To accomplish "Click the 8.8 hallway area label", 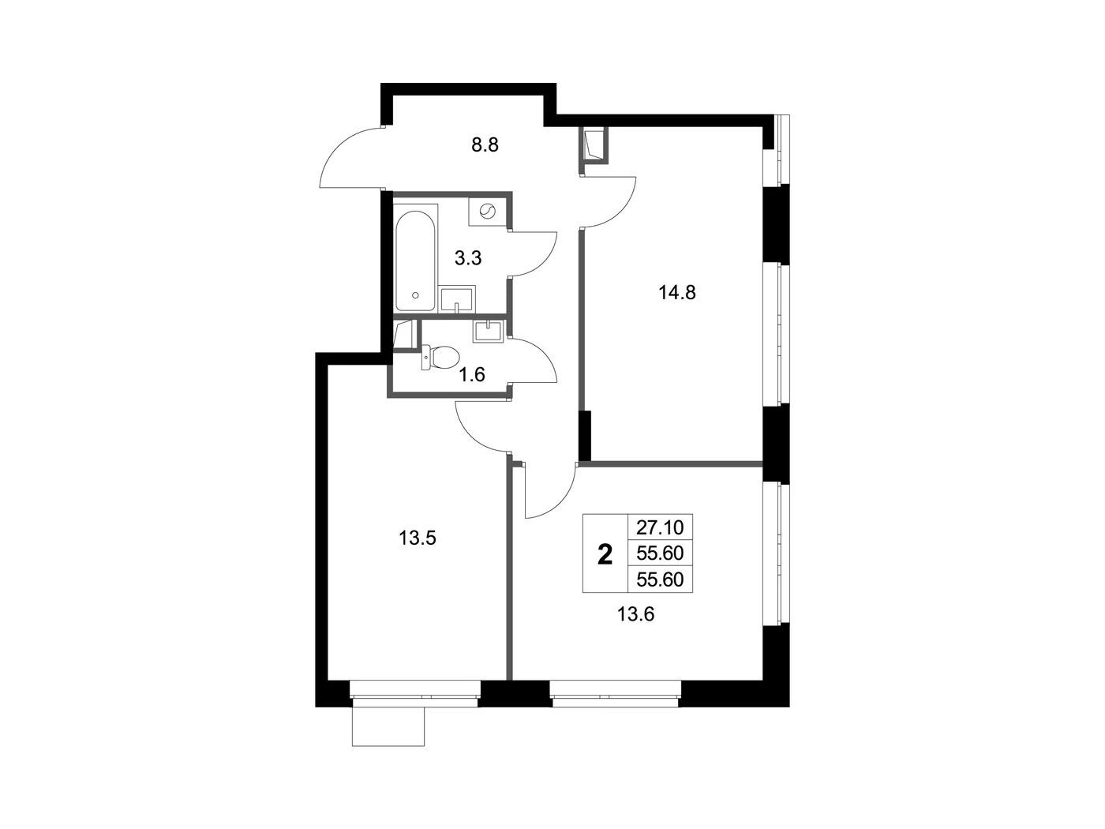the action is pos(485,145).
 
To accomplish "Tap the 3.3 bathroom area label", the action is pos(468,258).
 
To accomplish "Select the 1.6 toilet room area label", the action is pos(472,374).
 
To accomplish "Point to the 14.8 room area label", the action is pos(676,292).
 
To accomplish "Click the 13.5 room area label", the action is pos(417,538).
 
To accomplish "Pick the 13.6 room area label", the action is pos(635,614).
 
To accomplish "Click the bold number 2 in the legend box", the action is pos(605,555).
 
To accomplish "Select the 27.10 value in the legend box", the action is pos(660,527).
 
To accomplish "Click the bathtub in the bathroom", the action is pos(415,261).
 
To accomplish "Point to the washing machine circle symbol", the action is pos(487,212).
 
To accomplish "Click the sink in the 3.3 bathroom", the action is pos(457,299).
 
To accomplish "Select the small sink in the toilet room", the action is pos(488,331).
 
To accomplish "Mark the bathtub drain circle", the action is pos(415,295).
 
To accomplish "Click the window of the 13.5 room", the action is pos(415,689).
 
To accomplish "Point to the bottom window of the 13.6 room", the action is pos(615,689).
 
